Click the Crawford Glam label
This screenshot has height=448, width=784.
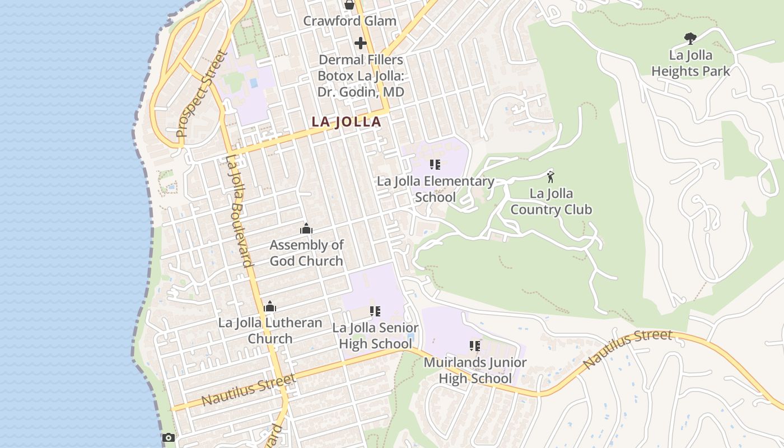point(349,21)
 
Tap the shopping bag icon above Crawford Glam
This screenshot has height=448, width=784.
point(349,5)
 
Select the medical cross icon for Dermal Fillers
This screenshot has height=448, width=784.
point(361,43)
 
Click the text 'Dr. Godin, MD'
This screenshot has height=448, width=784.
point(361,91)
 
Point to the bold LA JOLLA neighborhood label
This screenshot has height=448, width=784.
point(346,122)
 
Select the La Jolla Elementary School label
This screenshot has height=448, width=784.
point(435,189)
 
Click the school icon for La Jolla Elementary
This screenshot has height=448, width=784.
point(435,165)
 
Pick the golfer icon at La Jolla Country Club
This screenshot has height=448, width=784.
point(550,177)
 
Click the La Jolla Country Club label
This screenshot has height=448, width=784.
point(551,202)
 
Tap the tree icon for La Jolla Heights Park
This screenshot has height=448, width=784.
point(690,39)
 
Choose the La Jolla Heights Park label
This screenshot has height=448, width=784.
point(690,63)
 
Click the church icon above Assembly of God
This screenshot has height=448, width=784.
point(306,228)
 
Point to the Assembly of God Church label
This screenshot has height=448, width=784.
point(306,253)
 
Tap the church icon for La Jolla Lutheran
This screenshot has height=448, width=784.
point(270,306)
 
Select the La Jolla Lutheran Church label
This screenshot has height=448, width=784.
point(270,331)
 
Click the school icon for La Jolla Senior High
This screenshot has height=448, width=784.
point(375,311)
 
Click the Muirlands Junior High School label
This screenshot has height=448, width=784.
point(475,370)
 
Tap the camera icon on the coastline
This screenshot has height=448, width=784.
point(168,437)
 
